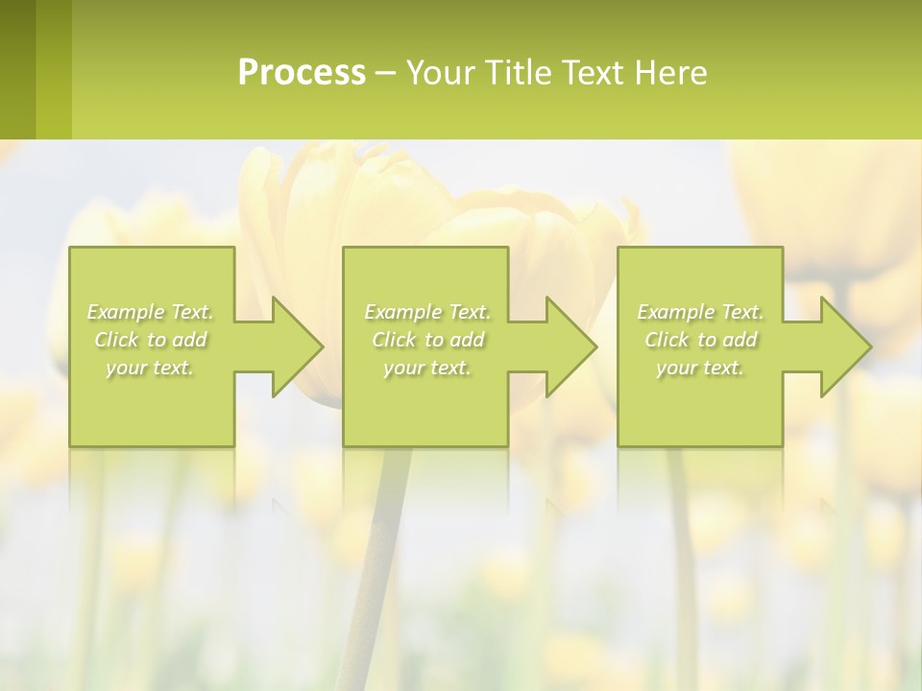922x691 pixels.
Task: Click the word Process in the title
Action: (302, 72)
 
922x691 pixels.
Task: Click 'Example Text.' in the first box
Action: (150, 312)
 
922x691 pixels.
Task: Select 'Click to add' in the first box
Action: (150, 340)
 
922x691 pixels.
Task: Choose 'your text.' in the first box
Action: (150, 368)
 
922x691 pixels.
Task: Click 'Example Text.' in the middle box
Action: (427, 312)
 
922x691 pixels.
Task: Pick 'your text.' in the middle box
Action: (427, 368)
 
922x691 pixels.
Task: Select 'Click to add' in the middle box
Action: (427, 340)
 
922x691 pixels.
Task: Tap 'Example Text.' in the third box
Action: (700, 312)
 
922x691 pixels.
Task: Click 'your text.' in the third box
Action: (700, 368)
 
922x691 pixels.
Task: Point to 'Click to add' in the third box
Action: (700, 340)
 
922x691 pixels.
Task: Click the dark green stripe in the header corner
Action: (17, 69)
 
